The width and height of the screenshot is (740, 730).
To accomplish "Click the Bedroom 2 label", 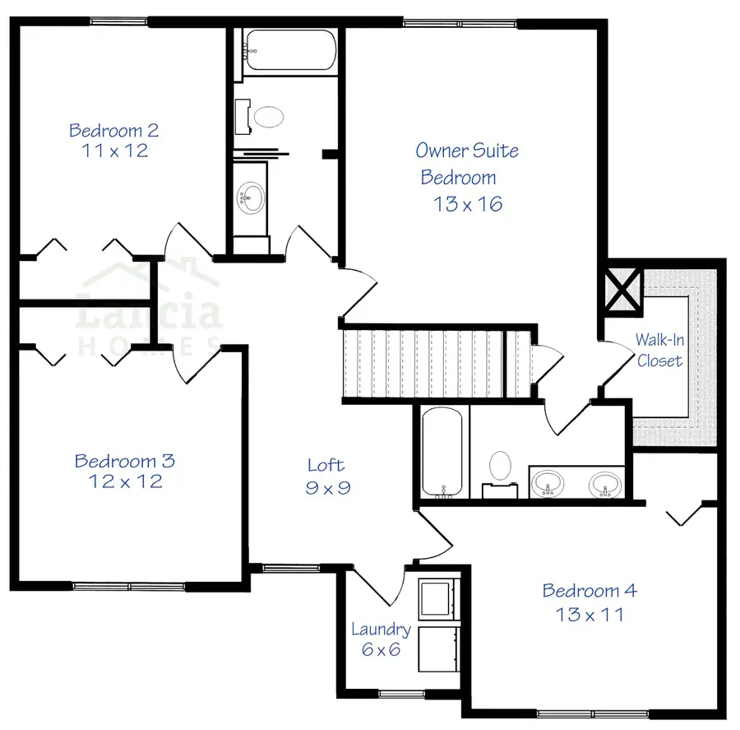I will click(113, 130).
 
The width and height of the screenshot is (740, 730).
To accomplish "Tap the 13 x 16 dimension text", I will click(468, 204).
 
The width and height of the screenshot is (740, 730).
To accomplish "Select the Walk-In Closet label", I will click(659, 350).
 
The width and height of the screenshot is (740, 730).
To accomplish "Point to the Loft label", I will click(326, 465).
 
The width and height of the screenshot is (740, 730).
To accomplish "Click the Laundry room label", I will click(381, 630).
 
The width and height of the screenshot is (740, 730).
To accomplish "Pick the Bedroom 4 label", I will click(590, 591).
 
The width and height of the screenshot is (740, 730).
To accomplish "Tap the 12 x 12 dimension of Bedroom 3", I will click(125, 481).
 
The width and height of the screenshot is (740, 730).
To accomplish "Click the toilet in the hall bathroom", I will click(267, 116).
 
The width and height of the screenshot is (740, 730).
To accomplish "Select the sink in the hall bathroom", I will click(250, 197).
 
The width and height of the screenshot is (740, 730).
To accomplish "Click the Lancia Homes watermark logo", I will click(148, 309).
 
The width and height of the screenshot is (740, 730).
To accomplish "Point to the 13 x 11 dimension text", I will click(589, 614).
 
